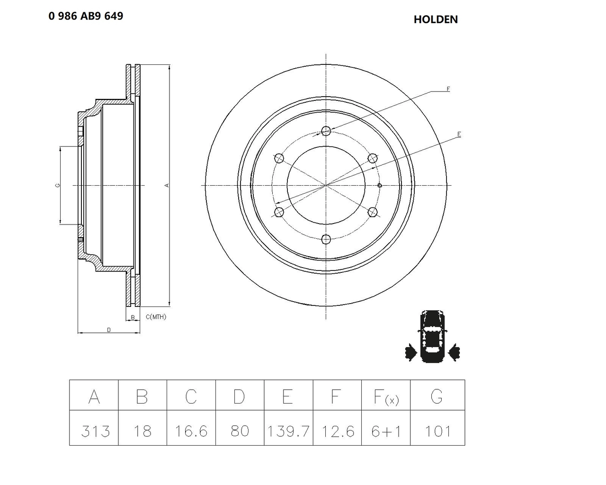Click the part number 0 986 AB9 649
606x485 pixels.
tap(86, 16)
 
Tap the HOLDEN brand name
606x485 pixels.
tap(436, 19)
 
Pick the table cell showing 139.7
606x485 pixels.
tap(288, 431)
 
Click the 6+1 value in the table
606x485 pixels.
tap(386, 431)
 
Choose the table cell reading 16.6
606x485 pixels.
tap(191, 431)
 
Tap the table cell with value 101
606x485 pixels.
tap(437, 431)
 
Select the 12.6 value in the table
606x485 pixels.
tap(338, 431)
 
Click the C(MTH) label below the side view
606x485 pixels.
tap(156, 317)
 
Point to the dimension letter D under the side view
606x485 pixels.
tap(109, 330)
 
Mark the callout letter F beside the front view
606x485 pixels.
tap(448, 89)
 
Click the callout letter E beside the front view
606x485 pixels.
tap(459, 135)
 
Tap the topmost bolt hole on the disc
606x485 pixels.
tap(326, 131)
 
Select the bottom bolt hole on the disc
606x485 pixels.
tap(326, 239)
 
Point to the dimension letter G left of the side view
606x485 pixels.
tap(58, 185)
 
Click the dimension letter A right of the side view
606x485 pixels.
tap(167, 185)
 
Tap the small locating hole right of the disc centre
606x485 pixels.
tap(379, 185)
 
